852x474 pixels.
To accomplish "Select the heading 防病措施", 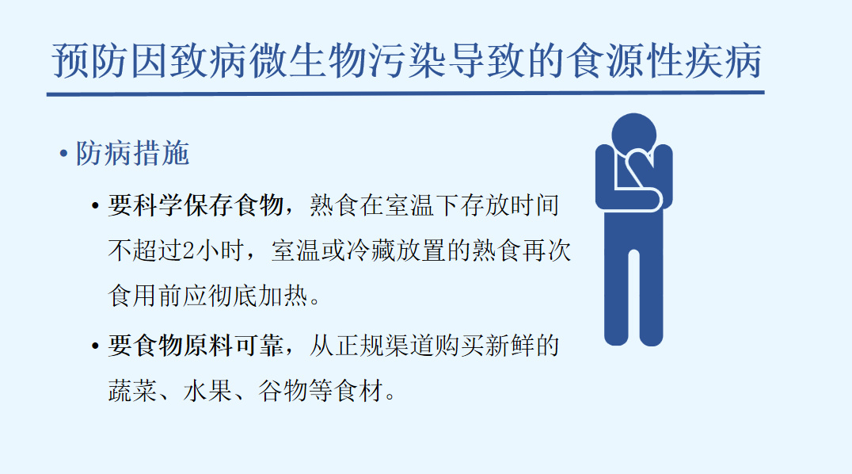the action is click(132, 154).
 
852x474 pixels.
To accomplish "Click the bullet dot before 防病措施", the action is click(63, 154).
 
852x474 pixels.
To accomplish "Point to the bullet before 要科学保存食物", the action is click(96, 207).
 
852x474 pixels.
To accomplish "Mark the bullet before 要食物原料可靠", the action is click(96, 346).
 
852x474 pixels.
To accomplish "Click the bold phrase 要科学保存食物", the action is click(196, 206).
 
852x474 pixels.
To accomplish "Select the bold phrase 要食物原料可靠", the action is click(196, 346).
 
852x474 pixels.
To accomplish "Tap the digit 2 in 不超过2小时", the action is click(188, 251).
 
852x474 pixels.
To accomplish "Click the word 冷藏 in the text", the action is click(371, 251).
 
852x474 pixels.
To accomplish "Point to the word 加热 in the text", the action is click(283, 296).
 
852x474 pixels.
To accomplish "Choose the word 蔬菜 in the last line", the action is click(132, 391).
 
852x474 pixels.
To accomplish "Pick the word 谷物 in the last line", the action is click(283, 391).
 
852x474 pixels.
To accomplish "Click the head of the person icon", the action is click(633, 135).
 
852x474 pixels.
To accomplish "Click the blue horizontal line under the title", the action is click(405, 94).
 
